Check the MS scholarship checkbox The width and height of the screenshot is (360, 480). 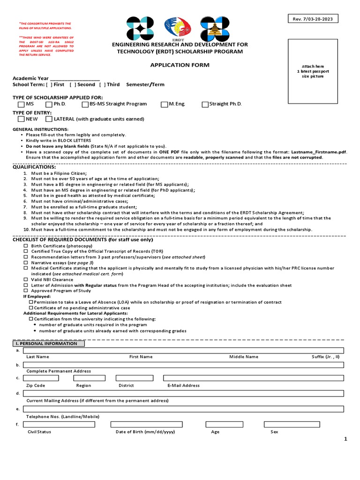21,104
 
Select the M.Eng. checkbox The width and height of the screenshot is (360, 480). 165,104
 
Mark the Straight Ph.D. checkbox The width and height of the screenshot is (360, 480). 205,104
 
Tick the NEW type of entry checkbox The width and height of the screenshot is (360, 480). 21,119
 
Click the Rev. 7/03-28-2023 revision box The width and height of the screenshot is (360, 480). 313,19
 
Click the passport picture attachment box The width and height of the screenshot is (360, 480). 313,70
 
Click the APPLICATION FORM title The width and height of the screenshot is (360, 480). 180,65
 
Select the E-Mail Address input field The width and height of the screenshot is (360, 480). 253,378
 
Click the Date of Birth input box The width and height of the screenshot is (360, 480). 146,424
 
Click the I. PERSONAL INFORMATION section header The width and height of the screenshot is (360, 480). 49,344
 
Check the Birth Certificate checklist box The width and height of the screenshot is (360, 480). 26,246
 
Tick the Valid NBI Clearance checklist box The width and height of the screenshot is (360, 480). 26,279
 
